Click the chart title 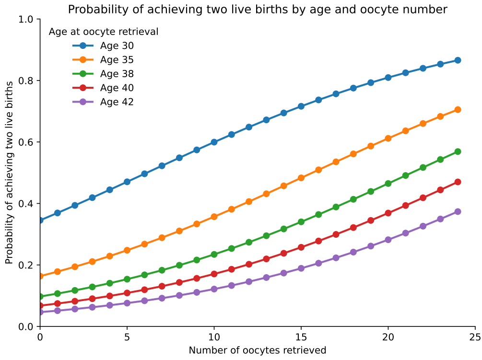click(258, 9)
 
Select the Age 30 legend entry click(117, 46)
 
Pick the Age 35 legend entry click(117, 60)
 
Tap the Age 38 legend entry click(117, 74)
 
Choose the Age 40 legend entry click(117, 88)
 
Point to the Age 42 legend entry click(117, 102)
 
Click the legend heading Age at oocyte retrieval click(104, 32)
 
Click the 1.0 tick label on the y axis click(27, 20)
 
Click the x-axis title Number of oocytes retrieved click(258, 350)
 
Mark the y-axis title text click(10, 173)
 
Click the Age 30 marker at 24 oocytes click(458, 60)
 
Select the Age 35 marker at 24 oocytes click(458, 110)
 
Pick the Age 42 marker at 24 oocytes click(458, 211)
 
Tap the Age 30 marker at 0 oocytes click(40, 221)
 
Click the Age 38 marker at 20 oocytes click(388, 184)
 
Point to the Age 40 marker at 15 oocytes click(301, 247)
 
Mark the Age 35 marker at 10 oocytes click(214, 217)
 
